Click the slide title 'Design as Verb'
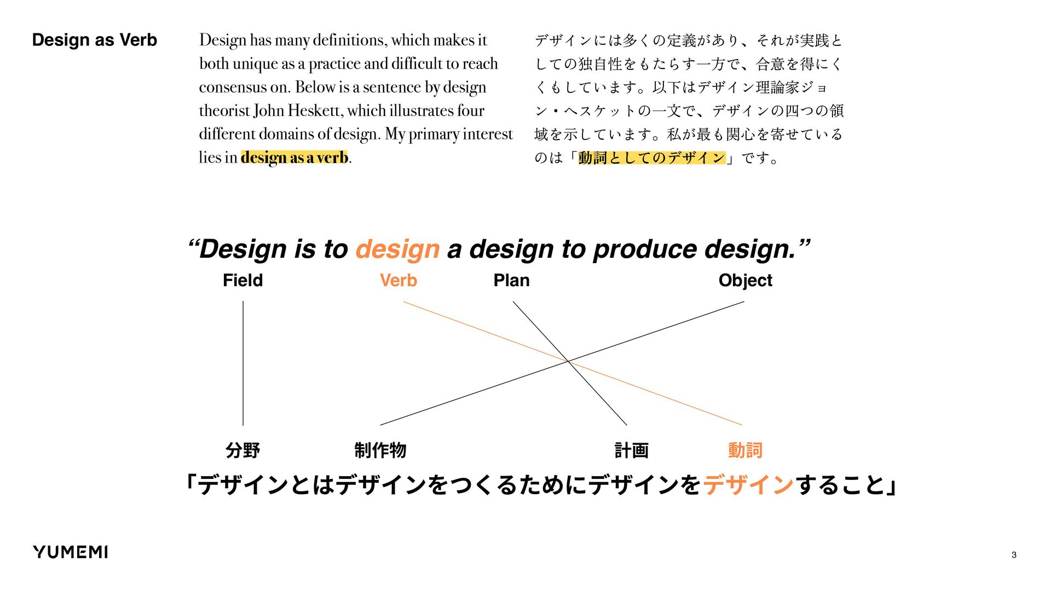[94, 40]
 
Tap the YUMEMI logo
[70, 552]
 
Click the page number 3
[1014, 555]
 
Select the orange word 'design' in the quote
[397, 249]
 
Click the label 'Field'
[242, 280]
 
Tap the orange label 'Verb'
[398, 280]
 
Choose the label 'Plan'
[511, 280]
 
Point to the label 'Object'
[745, 280]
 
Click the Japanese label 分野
[242, 450]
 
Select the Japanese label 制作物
[380, 450]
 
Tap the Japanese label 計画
[631, 450]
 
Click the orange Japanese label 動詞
[745, 450]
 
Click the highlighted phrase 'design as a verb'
[294, 158]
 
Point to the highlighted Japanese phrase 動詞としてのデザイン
[651, 158]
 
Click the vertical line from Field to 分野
[243, 363]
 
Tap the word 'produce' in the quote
[645, 249]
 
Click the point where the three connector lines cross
[569, 362]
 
